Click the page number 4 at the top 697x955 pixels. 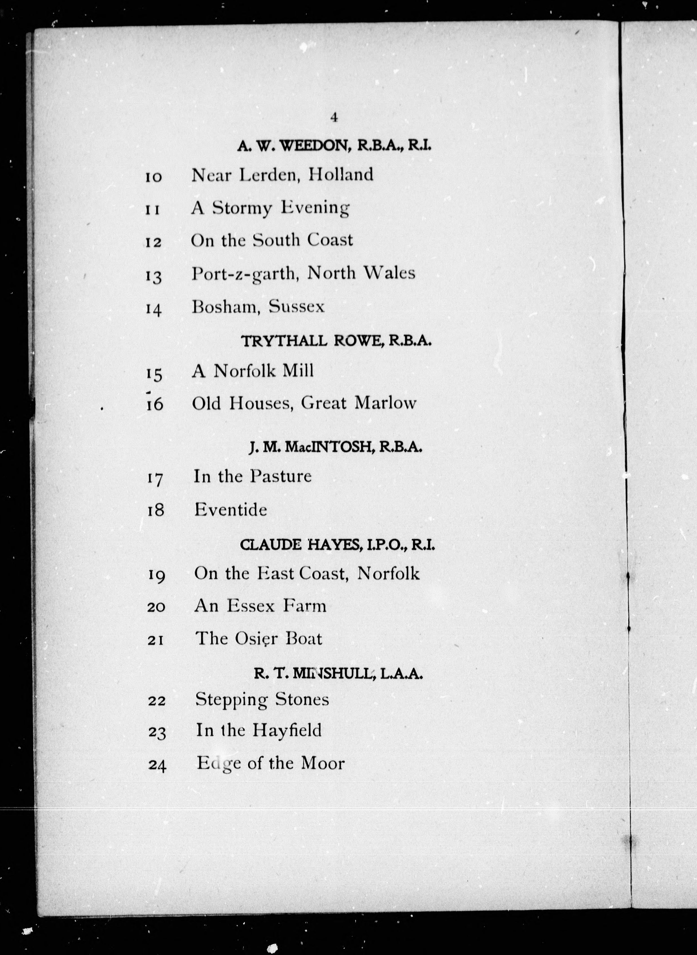point(334,117)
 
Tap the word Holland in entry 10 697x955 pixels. point(341,174)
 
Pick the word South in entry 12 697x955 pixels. point(276,240)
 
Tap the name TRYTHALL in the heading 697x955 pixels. point(284,341)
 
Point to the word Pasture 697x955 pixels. point(280,476)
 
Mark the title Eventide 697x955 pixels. point(230,510)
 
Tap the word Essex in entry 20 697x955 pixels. point(251,606)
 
